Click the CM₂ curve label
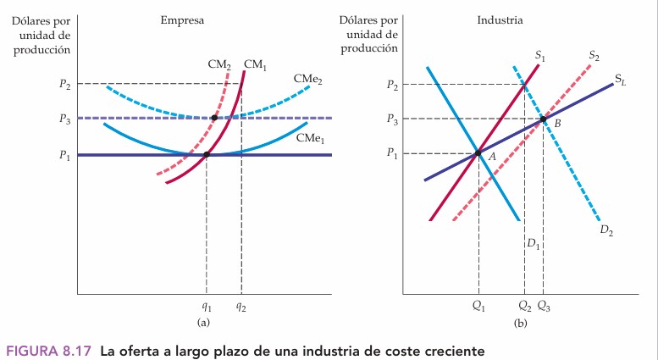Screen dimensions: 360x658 (219, 64)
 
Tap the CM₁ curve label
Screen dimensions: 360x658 (255, 64)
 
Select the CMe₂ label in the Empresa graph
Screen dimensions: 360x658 (307, 79)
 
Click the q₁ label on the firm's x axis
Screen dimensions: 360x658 (207, 307)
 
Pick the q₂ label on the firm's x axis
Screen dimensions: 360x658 (241, 307)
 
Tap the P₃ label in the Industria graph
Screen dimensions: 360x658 (390, 119)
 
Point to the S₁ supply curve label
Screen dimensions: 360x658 (539, 56)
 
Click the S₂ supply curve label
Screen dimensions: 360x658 (594, 56)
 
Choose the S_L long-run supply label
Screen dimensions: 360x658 (621, 81)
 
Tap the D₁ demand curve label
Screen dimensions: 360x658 (533, 244)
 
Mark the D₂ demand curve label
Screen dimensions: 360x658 (606, 230)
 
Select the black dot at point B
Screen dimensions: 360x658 (543, 119)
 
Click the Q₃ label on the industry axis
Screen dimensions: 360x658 (544, 307)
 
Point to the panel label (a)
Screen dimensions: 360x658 (203, 323)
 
